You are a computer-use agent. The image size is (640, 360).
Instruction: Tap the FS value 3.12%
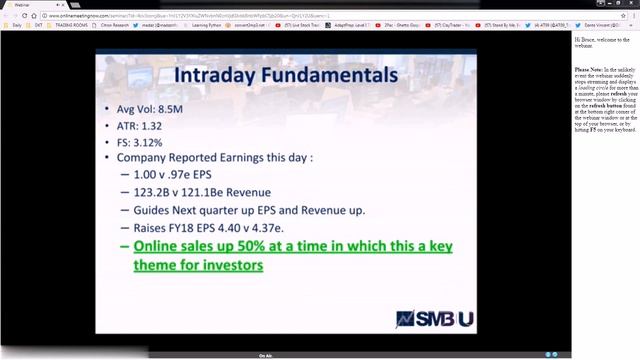pos(158,143)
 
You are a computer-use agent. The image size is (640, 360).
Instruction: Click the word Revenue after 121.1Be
pos(246,192)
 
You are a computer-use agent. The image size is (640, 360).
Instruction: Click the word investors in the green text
pos(232,266)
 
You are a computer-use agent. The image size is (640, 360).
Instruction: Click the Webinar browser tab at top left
pos(21,5)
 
